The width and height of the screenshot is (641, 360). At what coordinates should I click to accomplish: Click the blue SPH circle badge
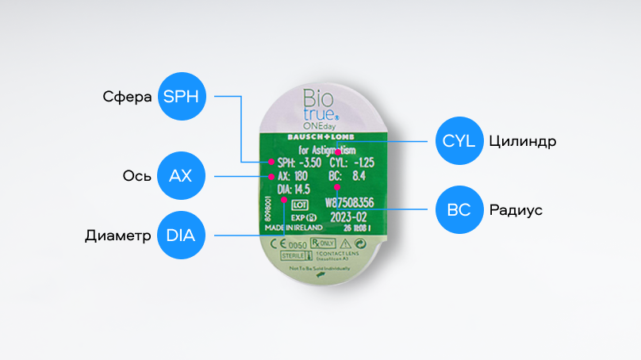click(183, 97)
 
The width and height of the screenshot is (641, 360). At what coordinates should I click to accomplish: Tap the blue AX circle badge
click(181, 174)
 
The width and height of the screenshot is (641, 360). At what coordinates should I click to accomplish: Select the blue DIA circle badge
click(181, 235)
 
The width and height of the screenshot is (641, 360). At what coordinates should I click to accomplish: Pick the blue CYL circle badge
click(459, 141)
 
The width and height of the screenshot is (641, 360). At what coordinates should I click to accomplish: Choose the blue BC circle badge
click(459, 211)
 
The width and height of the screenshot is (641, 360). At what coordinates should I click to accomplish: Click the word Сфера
click(128, 98)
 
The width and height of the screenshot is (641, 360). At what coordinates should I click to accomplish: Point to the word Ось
click(133, 175)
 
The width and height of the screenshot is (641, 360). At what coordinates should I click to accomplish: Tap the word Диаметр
click(118, 236)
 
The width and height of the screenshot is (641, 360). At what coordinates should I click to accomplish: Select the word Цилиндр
click(522, 142)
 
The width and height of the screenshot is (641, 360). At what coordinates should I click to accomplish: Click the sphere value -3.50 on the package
click(309, 162)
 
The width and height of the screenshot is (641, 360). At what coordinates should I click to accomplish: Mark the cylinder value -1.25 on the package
click(363, 162)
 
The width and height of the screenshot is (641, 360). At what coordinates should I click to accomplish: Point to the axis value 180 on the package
click(299, 175)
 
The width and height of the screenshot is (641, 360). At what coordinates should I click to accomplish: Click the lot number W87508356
click(350, 202)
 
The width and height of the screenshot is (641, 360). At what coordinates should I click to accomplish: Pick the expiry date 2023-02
click(348, 215)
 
